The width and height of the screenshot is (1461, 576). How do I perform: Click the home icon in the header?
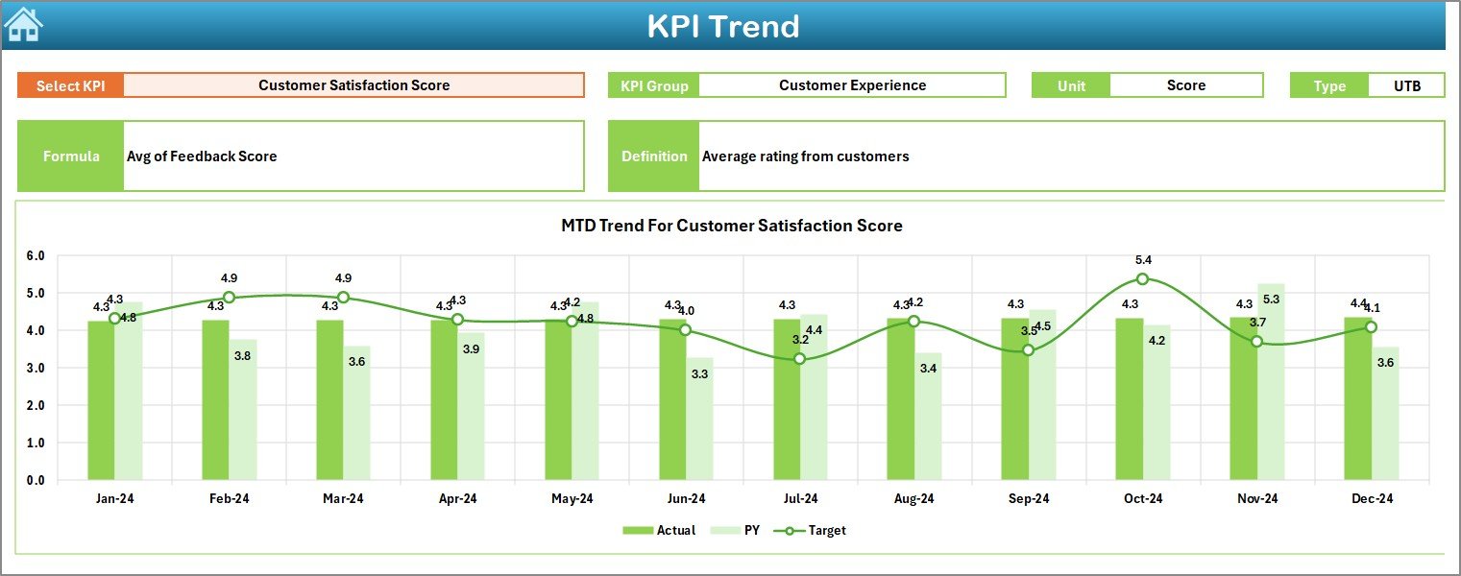pos(23,24)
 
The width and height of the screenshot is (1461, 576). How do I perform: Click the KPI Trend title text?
pos(722,26)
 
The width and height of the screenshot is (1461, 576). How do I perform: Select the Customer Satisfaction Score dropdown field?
pos(353,85)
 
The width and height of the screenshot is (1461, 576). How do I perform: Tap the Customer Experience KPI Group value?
pos(852,85)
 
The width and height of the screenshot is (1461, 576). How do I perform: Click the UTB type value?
pos(1406,85)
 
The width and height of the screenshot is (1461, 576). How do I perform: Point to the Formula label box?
pos(71,156)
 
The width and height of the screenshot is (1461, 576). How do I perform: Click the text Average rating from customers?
pos(805,156)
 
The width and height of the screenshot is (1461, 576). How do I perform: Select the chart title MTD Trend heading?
pos(731,226)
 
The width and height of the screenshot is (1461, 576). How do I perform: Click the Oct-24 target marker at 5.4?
pos(1142,278)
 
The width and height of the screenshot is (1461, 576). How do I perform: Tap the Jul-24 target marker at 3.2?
pos(799,359)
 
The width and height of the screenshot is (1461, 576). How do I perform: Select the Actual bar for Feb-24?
pos(215,399)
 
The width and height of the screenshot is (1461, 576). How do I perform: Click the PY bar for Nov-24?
pos(1271,381)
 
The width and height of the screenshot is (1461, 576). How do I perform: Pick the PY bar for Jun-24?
pos(699,419)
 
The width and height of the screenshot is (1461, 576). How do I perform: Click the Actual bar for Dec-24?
pos(1357,398)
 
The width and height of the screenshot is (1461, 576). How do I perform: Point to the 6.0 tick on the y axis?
pos(36,256)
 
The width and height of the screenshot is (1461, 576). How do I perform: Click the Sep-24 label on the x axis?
pos(1028,499)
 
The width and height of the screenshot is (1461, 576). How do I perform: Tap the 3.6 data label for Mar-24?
pos(357,362)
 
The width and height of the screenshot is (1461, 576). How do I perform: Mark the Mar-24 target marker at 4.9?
pos(343,297)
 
